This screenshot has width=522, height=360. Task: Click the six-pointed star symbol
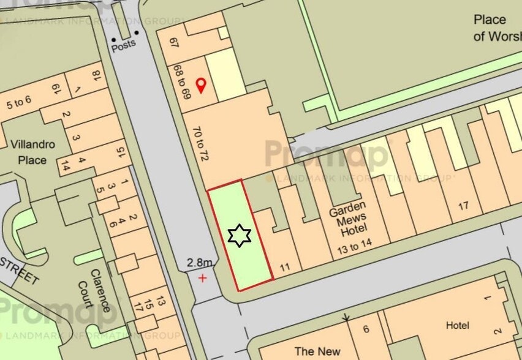(x=240, y=236)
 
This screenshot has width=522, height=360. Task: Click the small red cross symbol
(x=203, y=278)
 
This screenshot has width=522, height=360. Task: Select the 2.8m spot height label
(x=200, y=263)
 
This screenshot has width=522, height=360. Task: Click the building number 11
(x=284, y=267)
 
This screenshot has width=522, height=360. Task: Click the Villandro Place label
(x=32, y=152)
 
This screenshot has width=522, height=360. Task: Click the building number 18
(x=96, y=76)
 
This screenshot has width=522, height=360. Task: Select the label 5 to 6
(x=19, y=101)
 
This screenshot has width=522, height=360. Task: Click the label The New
(x=317, y=351)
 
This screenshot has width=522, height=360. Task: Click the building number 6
(x=366, y=329)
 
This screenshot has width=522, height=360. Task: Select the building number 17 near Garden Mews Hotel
(x=464, y=206)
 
